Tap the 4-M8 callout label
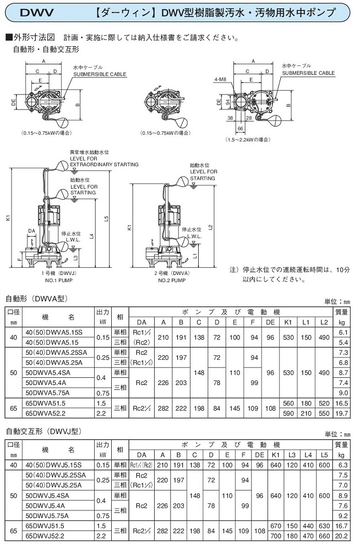pos(220,79)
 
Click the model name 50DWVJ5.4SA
pos(50,495)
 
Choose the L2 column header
pos(325,322)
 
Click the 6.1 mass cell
pos(342,333)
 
